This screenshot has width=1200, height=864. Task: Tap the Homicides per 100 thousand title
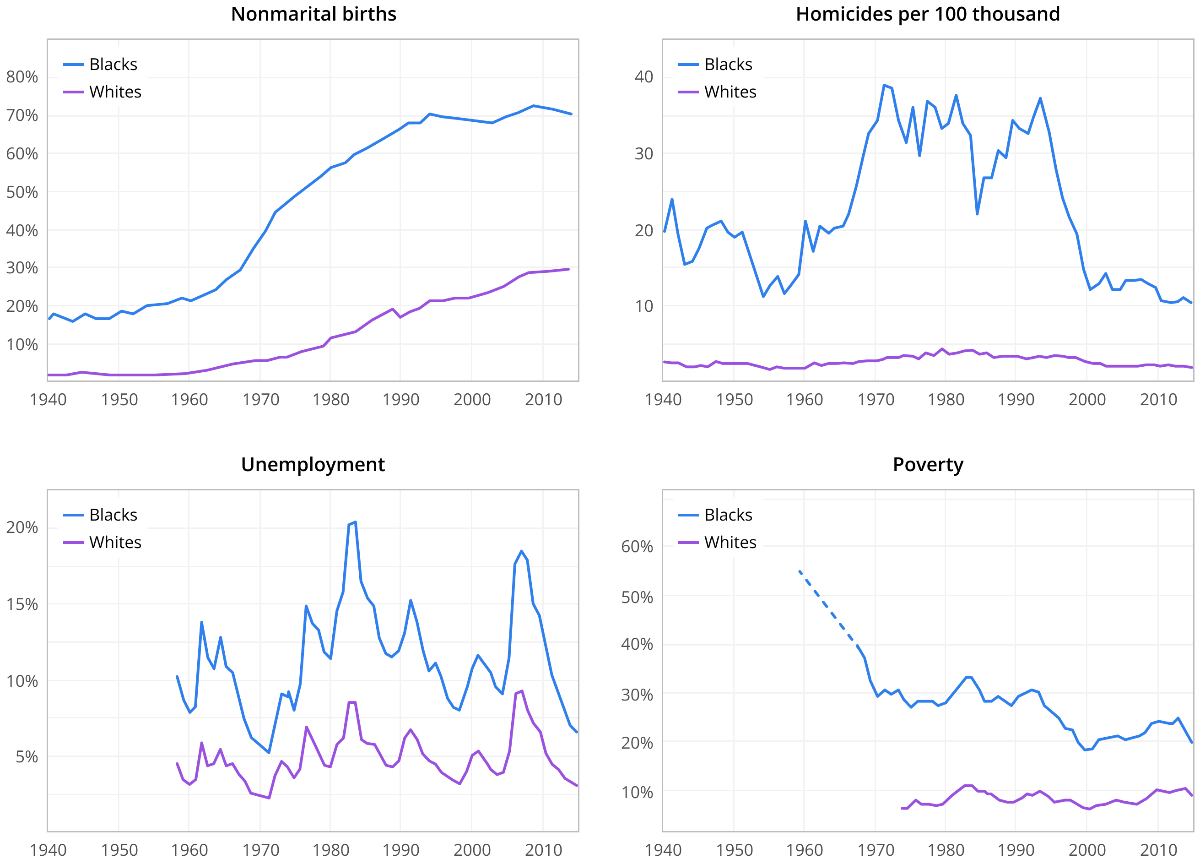pyautogui.click(x=928, y=14)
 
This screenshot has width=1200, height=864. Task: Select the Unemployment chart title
pyautogui.click(x=313, y=465)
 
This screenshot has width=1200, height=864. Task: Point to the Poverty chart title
pyautogui.click(x=928, y=465)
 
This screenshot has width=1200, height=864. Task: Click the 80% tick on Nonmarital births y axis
pyautogui.click(x=22, y=77)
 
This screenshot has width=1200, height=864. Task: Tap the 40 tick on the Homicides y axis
pyautogui.click(x=643, y=77)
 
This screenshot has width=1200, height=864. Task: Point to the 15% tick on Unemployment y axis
pyautogui.click(x=22, y=604)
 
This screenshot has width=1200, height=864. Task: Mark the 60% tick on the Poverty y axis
pyautogui.click(x=637, y=547)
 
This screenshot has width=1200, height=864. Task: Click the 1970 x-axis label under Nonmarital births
pyautogui.click(x=260, y=400)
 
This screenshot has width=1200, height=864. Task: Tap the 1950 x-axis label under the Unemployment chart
pyautogui.click(x=119, y=850)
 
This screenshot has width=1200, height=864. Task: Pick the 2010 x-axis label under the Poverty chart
pyautogui.click(x=1158, y=850)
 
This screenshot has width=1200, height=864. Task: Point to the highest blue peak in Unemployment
pyautogui.click(x=355, y=522)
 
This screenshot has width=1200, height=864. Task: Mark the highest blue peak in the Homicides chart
pyautogui.click(x=884, y=85)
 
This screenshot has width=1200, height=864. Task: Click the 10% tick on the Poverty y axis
pyautogui.click(x=637, y=793)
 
